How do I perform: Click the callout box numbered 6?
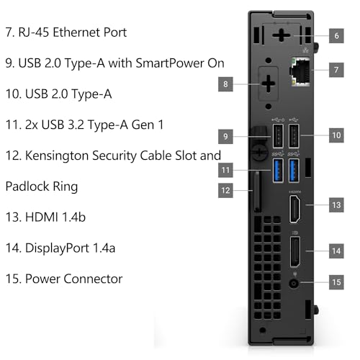point(337,34)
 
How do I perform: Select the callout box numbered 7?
point(337,70)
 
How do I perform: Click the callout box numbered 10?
point(337,134)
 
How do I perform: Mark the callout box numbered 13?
point(337,206)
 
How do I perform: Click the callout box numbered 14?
point(337,251)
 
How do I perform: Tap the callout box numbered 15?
point(337,283)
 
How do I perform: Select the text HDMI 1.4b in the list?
point(52,217)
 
